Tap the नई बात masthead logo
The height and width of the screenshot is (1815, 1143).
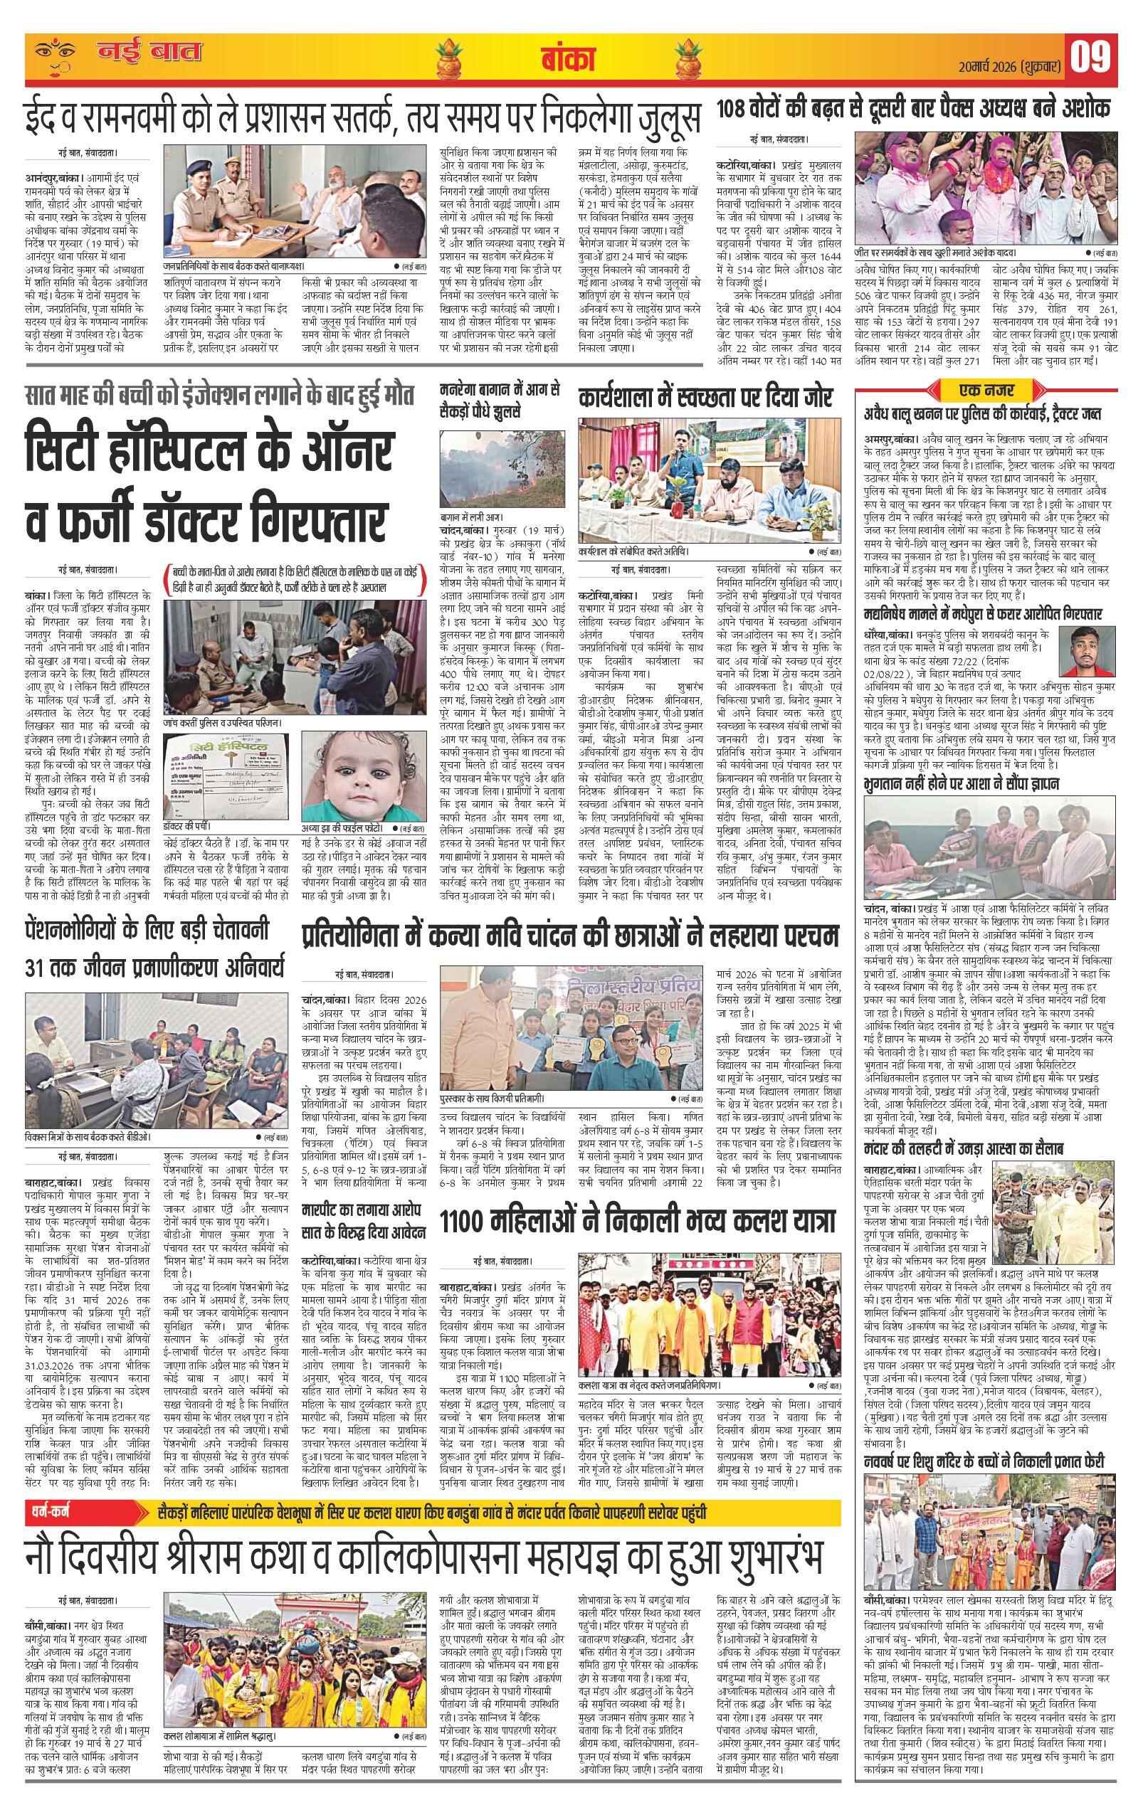150,53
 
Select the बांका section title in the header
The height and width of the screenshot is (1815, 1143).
568,59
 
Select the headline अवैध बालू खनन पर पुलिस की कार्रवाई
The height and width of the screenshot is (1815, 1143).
982,416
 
